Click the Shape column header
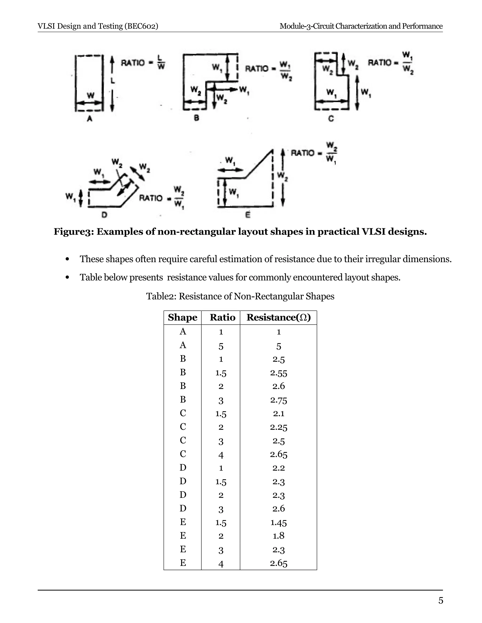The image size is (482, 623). [x=182, y=317]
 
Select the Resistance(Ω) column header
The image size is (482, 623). [x=278, y=317]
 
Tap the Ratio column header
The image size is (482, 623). [x=222, y=317]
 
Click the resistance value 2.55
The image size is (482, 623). [x=278, y=373]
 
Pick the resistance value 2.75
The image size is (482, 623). [x=278, y=400]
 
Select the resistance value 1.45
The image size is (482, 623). [x=278, y=523]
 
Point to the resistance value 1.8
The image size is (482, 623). [x=278, y=536]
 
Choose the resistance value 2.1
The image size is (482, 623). [x=278, y=413]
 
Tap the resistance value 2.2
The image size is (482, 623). [x=278, y=468]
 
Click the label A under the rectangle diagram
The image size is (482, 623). [x=90, y=118]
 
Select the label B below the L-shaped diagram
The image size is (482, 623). [x=197, y=118]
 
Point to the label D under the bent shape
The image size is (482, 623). [x=104, y=215]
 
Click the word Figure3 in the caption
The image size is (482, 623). [x=74, y=232]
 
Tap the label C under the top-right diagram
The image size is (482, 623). [x=331, y=118]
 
